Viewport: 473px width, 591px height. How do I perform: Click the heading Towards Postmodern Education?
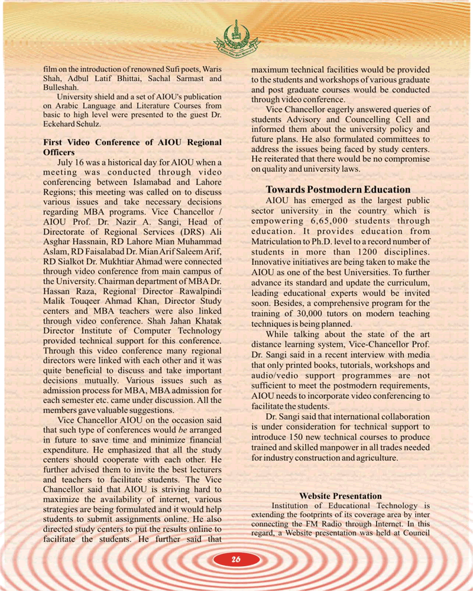coord(338,190)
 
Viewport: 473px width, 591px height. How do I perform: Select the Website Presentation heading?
coord(341,496)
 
